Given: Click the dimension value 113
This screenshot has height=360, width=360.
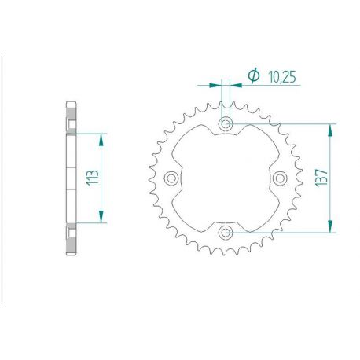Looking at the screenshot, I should click(90, 178).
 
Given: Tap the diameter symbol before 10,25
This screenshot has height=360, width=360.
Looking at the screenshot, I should click(253, 76).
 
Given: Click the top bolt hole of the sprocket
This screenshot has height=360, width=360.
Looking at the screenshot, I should click(226, 123).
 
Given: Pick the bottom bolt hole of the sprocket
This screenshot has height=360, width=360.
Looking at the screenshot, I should click(226, 232).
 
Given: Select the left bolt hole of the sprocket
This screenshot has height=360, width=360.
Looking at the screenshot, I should click(171, 178).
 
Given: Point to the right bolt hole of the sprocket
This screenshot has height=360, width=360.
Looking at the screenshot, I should click(280, 178).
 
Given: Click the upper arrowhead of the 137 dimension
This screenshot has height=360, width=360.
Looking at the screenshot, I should click(331, 128).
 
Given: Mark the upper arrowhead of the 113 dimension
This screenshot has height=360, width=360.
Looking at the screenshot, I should click(101, 136).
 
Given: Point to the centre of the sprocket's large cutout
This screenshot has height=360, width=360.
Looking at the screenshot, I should click(226, 178).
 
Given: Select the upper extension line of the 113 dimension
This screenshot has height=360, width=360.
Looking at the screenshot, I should click(90, 132).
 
